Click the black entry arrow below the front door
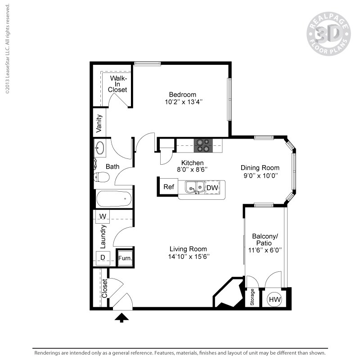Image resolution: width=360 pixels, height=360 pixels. tap(121, 318)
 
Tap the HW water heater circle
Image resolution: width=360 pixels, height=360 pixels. tap(275, 299)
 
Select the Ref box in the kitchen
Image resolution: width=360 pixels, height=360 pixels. tap(169, 187)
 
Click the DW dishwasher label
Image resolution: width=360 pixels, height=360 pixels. tap(212, 187)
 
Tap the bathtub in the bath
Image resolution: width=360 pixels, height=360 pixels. tap(114, 198)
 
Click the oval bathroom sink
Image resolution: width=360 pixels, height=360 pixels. tap(100, 148)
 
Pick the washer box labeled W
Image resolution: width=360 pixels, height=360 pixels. tap(103, 216)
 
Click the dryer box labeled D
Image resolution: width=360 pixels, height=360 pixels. tap(103, 257)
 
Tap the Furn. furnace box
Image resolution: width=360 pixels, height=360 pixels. tap(125, 258)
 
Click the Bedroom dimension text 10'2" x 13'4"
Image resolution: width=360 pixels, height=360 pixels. tap(183, 102)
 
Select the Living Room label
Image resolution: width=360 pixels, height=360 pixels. tap(188, 249)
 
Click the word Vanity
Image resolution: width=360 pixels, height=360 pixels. tap(99, 124)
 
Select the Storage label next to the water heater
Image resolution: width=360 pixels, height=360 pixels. tap(252, 297)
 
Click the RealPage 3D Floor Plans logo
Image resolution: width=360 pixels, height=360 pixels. tap(328, 34)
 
